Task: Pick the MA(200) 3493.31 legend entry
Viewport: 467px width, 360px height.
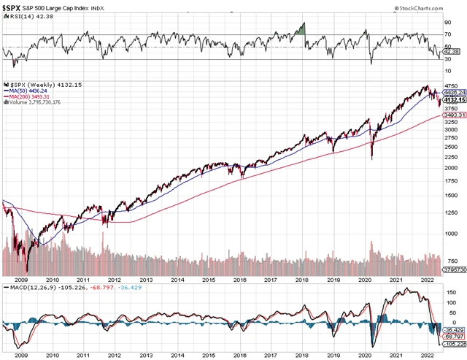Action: (31, 97)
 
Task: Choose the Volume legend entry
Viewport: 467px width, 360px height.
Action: (33, 103)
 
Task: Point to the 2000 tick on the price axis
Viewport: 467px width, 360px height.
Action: (452, 167)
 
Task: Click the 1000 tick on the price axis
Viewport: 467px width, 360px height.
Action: (452, 234)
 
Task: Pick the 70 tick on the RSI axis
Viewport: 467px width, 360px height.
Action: (447, 34)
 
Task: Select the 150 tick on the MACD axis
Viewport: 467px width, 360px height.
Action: (449, 296)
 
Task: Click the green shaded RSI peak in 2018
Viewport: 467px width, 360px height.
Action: (301, 30)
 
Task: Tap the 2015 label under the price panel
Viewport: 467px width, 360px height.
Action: (208, 280)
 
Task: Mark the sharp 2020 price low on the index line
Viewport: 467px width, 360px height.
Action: (372, 158)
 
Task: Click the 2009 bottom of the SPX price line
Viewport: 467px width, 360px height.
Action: (27, 270)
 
